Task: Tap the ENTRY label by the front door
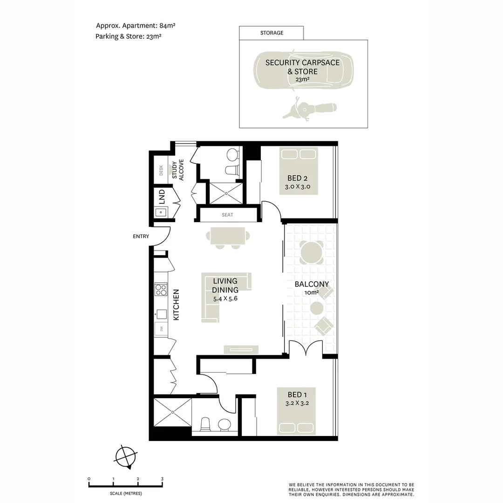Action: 141,237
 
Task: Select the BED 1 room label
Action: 294,395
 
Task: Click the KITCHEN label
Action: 176,305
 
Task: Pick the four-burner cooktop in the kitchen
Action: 161,290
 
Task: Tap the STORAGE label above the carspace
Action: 272,33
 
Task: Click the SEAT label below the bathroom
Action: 227,215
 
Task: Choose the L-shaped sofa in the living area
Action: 219,298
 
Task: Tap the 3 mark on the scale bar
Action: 162,479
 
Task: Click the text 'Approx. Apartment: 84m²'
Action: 129,26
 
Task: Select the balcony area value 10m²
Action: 312,292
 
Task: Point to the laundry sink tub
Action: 161,213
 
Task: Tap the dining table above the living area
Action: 227,236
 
